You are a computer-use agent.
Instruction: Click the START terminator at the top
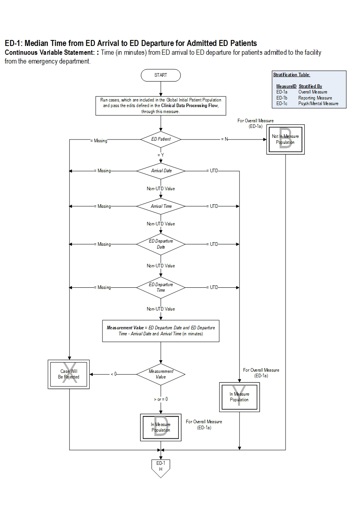tap(160, 75)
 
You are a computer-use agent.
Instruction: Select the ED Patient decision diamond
tap(161, 139)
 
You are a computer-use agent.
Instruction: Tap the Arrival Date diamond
tap(161, 171)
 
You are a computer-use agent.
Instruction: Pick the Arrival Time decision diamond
tap(161, 206)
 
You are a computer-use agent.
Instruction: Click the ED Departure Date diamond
tap(161, 244)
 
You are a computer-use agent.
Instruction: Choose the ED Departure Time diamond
tap(161, 287)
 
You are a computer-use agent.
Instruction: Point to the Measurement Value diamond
tap(161, 374)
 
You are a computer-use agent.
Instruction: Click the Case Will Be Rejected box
tap(69, 374)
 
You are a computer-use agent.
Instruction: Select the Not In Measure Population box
tap(285, 139)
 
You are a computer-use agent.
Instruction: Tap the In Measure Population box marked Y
tap(239, 397)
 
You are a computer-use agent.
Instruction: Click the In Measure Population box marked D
tap(161, 427)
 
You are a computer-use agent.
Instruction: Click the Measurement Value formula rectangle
tap(161, 331)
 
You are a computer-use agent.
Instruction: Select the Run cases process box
tap(161, 106)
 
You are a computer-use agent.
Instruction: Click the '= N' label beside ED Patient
tap(224, 139)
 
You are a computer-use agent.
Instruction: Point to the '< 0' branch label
tap(114, 374)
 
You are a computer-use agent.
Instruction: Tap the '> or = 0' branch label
tap(161, 399)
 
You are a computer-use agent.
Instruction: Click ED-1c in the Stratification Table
tap(282, 104)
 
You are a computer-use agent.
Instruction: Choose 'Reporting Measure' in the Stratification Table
tap(315, 98)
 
